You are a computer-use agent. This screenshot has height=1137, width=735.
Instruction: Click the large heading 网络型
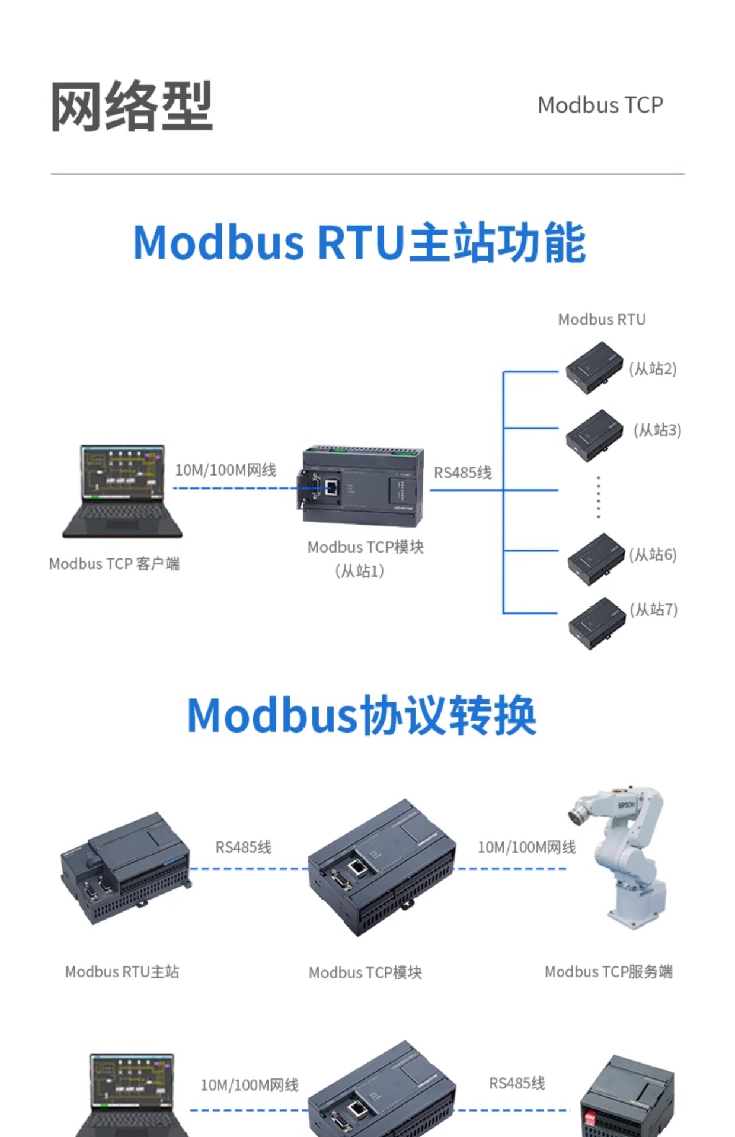(x=131, y=107)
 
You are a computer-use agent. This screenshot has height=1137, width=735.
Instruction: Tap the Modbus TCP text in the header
(x=600, y=105)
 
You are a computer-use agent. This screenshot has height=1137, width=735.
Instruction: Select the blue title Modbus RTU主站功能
(x=359, y=243)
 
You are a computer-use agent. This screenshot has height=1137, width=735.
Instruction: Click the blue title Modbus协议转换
(x=362, y=715)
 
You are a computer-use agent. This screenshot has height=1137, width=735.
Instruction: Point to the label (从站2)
(x=653, y=369)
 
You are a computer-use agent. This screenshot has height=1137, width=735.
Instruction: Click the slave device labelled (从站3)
(x=594, y=435)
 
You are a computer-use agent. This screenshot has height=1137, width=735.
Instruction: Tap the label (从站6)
(x=653, y=555)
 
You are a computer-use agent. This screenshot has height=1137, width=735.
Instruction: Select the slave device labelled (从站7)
(x=596, y=623)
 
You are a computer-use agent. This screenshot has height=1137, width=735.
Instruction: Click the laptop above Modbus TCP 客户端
(x=122, y=491)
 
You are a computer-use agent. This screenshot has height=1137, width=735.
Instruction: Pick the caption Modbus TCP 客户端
(x=114, y=564)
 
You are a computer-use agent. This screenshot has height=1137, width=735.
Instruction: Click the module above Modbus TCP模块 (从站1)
(x=363, y=486)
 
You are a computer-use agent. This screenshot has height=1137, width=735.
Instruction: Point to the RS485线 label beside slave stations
(x=462, y=473)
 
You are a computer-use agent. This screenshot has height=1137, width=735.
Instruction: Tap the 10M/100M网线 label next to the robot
(x=526, y=847)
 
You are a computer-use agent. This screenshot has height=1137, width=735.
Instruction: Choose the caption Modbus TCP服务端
(x=608, y=972)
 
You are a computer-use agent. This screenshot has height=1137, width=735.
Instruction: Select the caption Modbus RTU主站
(x=122, y=972)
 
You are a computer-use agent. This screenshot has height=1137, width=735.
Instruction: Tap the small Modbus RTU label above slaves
(x=602, y=320)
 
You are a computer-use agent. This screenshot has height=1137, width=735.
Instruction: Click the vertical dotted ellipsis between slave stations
(x=599, y=497)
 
